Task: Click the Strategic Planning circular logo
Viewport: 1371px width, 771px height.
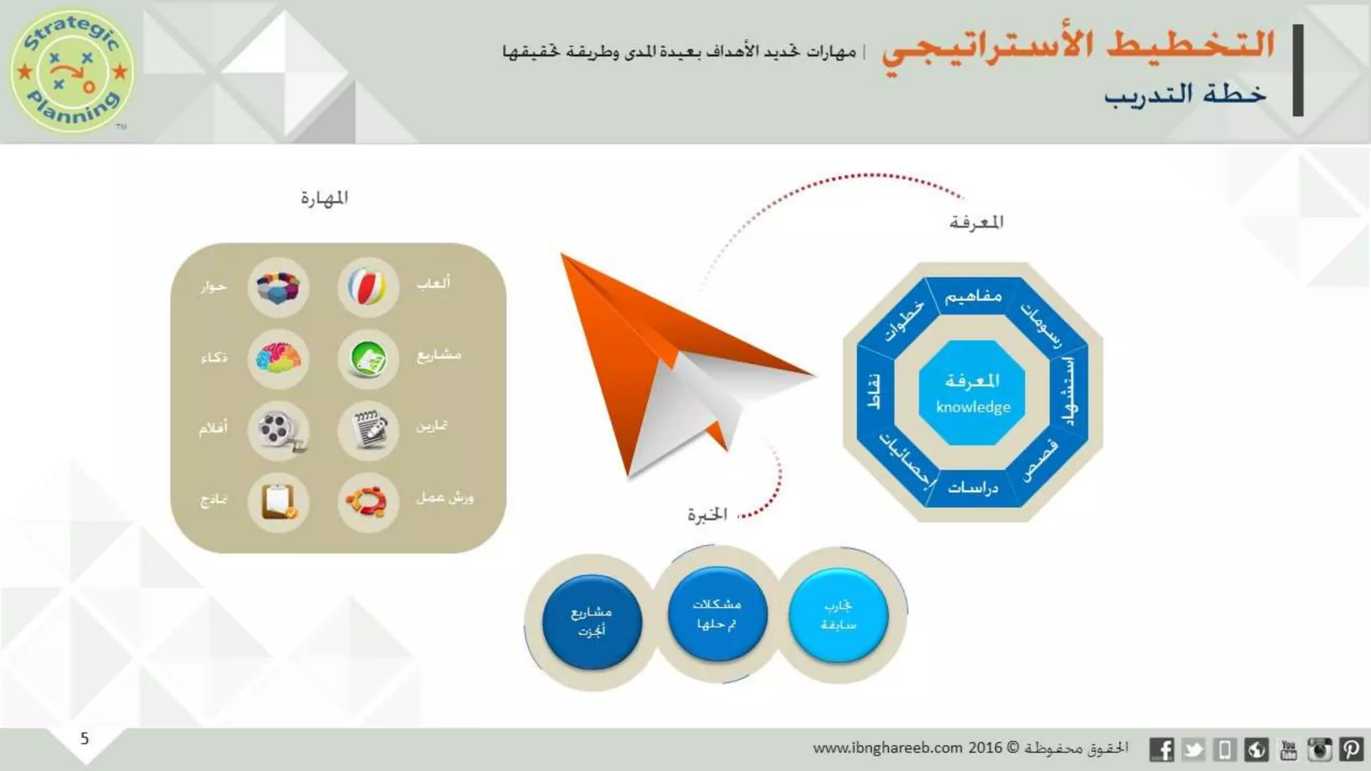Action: [x=72, y=70]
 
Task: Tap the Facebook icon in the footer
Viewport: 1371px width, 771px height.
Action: [x=1161, y=750]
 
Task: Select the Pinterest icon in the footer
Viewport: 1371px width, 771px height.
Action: [x=1351, y=750]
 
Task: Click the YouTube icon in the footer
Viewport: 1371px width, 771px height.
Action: [x=1288, y=750]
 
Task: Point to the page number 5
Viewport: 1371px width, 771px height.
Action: [x=84, y=738]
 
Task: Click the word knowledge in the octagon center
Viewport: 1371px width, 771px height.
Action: [x=973, y=407]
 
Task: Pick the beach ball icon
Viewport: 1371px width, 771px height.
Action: [x=368, y=287]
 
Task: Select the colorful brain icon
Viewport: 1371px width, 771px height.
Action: [x=278, y=359]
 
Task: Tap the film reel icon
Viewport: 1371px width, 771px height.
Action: [x=278, y=430]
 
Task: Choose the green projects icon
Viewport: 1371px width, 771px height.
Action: [x=368, y=359]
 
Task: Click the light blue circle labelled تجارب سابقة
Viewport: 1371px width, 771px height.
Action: [x=838, y=615]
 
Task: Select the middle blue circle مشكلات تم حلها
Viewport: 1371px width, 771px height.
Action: [x=716, y=614]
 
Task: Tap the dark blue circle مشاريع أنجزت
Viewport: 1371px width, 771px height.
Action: [x=591, y=621]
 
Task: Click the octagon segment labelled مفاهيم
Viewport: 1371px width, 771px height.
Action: [x=973, y=296]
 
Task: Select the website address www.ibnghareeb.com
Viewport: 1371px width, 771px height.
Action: [x=887, y=748]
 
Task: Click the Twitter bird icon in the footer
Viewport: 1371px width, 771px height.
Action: [x=1193, y=750]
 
